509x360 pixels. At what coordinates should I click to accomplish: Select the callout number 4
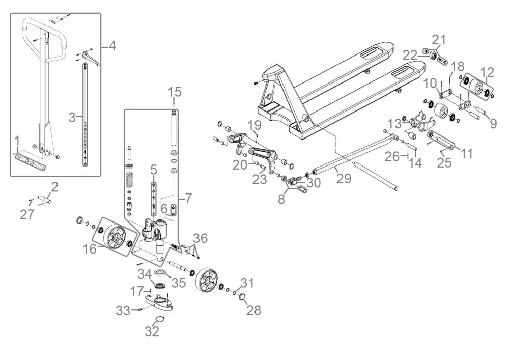[112, 46]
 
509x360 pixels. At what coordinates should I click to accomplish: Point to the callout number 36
[201, 238]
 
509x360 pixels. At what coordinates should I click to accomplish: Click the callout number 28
[253, 310]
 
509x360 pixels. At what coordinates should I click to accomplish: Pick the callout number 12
[487, 72]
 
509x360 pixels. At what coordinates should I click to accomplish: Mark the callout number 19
[254, 125]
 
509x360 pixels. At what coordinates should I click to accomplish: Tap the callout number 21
[439, 39]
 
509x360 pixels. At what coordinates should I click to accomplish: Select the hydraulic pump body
[153, 232]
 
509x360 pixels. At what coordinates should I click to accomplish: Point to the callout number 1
[17, 140]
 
